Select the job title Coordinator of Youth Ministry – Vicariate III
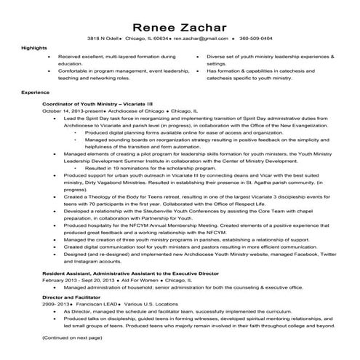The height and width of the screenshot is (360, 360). (x=97, y=104)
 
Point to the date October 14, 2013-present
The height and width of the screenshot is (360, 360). (x=71, y=111)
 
